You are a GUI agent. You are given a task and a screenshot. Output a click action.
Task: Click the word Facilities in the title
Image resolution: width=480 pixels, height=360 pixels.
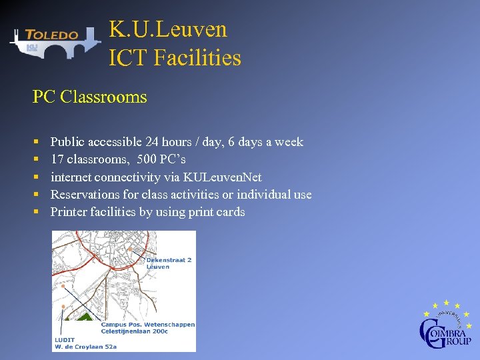click(x=197, y=58)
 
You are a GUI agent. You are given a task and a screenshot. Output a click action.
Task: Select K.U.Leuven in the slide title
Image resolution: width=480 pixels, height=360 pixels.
click(x=168, y=29)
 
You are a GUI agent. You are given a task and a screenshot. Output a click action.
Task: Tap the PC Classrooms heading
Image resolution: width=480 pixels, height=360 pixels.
click(x=89, y=97)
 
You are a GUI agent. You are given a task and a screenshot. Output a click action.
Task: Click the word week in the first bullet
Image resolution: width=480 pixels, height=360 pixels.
click(x=289, y=142)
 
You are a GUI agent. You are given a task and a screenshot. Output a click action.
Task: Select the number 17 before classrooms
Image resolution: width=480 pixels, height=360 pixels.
click(x=57, y=159)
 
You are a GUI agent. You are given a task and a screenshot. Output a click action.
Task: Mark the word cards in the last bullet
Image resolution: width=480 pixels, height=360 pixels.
click(x=230, y=212)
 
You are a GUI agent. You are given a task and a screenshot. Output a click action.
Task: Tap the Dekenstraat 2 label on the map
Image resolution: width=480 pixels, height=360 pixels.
click(x=169, y=260)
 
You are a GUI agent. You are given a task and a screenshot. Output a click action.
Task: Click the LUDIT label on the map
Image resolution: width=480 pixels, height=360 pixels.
click(x=65, y=339)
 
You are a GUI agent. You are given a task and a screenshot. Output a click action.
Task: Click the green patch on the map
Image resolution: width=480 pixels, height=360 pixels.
click(x=84, y=319)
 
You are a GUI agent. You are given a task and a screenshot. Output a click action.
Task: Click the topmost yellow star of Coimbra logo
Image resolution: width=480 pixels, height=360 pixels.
click(x=446, y=302)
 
